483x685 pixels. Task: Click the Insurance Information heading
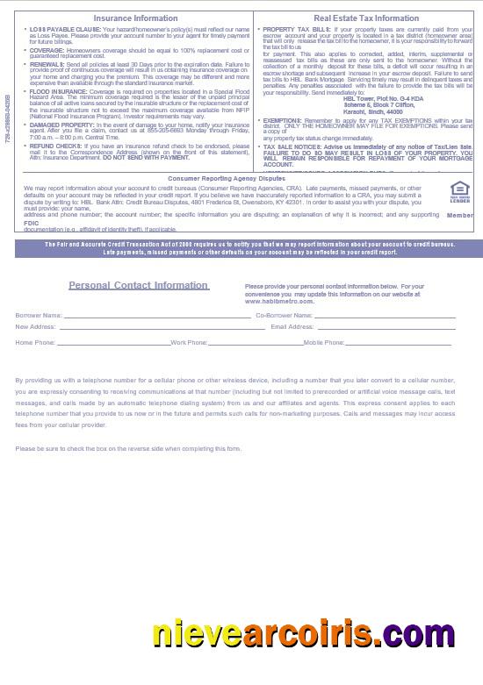click(x=135, y=18)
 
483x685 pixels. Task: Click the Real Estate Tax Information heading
click(x=366, y=18)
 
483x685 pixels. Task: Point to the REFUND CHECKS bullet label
click(x=54, y=146)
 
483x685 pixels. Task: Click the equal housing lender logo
click(x=459, y=192)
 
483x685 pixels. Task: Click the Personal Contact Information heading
click(x=139, y=285)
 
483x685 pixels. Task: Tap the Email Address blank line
click(x=386, y=326)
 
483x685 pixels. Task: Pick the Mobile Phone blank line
click(x=400, y=343)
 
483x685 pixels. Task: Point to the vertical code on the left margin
click(x=8, y=119)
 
